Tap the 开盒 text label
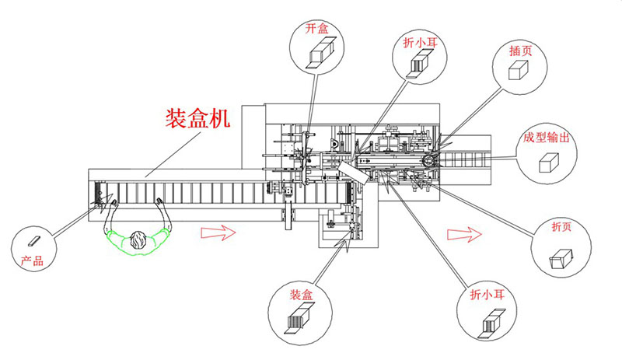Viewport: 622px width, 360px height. pyautogui.click(x=316, y=28)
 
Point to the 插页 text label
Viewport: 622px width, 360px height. pyautogui.click(x=519, y=49)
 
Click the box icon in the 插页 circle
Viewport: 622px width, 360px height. pyautogui.click(x=519, y=71)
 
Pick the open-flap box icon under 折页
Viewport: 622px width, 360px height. pyautogui.click(x=561, y=257)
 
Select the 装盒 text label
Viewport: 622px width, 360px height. pyautogui.click(x=301, y=295)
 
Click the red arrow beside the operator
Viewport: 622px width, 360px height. pyautogui.click(x=217, y=232)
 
